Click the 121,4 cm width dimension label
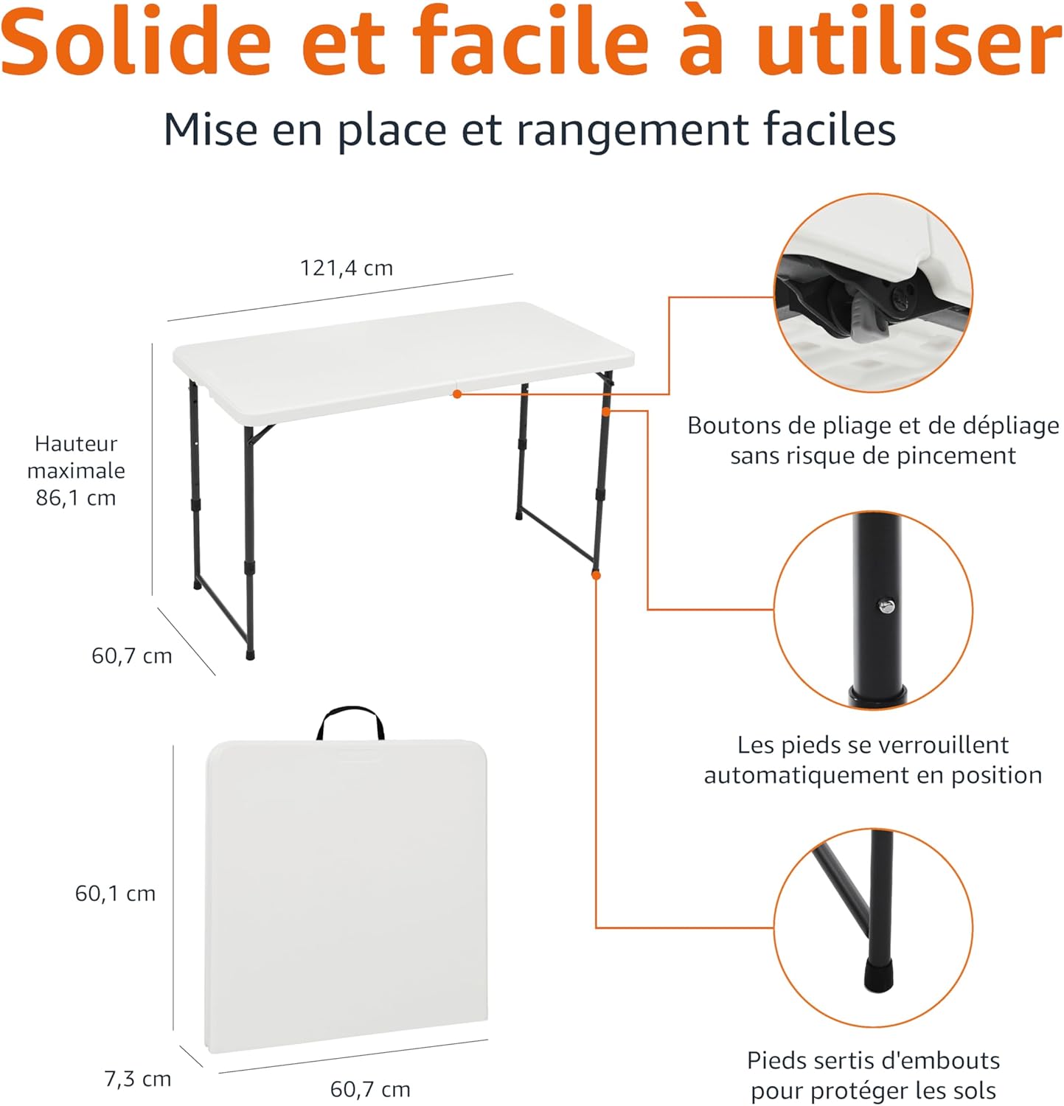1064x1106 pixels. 346,268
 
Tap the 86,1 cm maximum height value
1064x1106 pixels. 76,498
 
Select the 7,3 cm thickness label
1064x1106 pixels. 138,1079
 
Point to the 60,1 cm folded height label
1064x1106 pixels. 115,894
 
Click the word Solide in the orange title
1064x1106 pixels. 136,42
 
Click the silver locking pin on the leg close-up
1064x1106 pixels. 886,606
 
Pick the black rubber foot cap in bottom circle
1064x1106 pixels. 877,975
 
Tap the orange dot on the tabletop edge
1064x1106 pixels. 457,394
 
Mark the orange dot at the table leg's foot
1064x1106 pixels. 596,575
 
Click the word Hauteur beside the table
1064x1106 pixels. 76,444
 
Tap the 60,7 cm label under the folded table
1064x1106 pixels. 370,1089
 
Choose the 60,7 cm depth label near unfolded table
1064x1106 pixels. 131,655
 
